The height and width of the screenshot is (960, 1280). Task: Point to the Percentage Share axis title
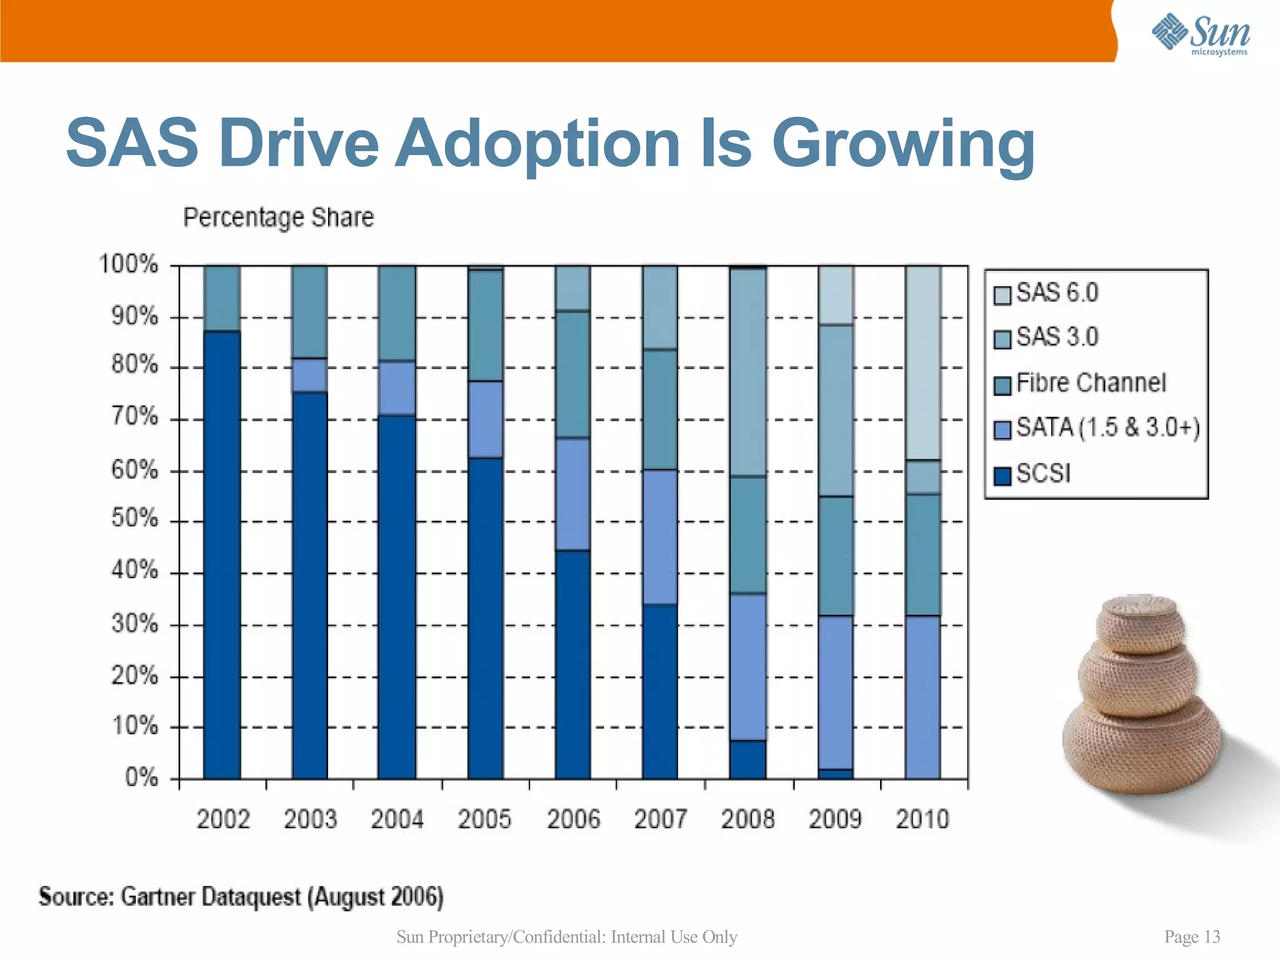tap(278, 217)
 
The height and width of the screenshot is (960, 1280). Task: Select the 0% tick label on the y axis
tap(141, 777)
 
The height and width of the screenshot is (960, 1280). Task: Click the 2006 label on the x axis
tap(573, 819)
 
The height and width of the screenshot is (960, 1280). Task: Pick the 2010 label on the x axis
tap(922, 819)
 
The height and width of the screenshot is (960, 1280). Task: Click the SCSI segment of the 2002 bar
tap(222, 556)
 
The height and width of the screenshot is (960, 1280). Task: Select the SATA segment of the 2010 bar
tap(923, 697)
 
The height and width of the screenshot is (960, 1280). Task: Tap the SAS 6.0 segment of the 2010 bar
tap(923, 362)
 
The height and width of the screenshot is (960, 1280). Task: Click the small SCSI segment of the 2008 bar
tap(747, 759)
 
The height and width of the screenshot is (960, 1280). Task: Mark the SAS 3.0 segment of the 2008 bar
tap(747, 372)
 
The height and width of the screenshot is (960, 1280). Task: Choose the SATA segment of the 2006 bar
tap(572, 494)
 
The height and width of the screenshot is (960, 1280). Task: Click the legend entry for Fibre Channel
tap(1091, 383)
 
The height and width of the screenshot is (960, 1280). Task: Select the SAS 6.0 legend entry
tap(1056, 293)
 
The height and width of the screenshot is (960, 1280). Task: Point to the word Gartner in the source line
tap(157, 897)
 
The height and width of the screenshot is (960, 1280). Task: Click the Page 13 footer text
tap(1192, 937)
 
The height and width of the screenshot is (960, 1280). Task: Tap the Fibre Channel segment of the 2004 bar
tap(397, 312)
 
